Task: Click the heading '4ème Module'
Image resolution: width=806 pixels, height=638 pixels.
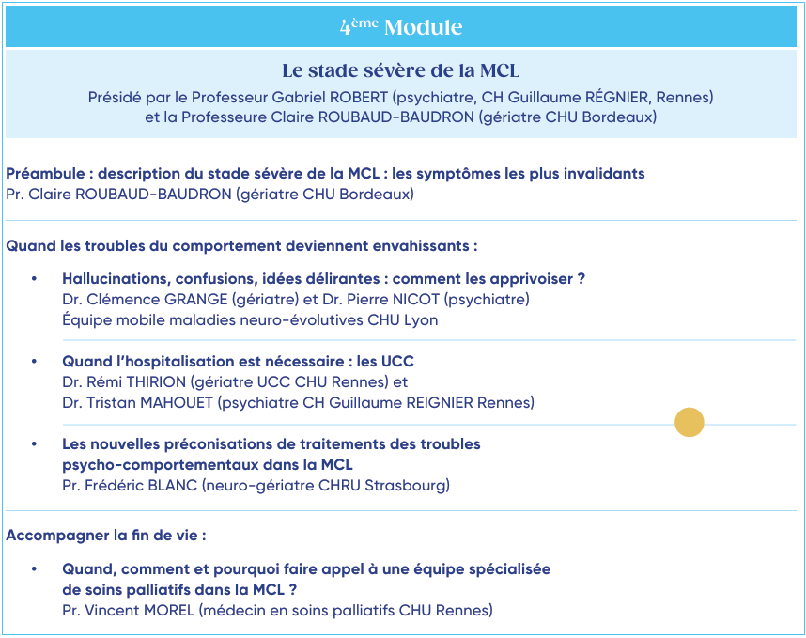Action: click(x=401, y=26)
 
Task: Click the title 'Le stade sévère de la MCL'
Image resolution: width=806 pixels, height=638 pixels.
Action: click(x=401, y=70)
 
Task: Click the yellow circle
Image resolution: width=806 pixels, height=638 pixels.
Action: click(x=690, y=423)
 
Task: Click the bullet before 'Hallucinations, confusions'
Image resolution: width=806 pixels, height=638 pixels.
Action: click(x=35, y=279)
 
